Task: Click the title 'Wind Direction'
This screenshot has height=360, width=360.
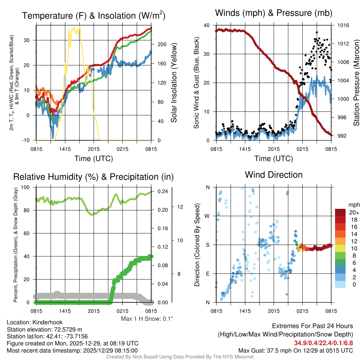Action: coord(274,175)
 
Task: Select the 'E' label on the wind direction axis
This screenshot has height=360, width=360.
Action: coord(208,274)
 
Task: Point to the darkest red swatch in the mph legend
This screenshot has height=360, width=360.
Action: coord(341,212)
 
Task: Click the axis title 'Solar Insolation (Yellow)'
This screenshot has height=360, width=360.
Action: coord(174,83)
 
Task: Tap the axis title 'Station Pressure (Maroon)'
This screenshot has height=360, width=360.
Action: coord(356,83)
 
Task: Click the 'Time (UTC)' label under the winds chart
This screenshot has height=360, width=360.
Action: coord(274,159)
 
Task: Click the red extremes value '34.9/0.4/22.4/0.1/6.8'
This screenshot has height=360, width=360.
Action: coord(323,343)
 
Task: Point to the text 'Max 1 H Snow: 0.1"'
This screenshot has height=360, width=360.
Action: coord(147,319)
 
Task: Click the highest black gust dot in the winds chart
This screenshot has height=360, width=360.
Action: coord(317,32)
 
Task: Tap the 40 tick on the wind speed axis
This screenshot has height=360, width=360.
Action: coord(207,25)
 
